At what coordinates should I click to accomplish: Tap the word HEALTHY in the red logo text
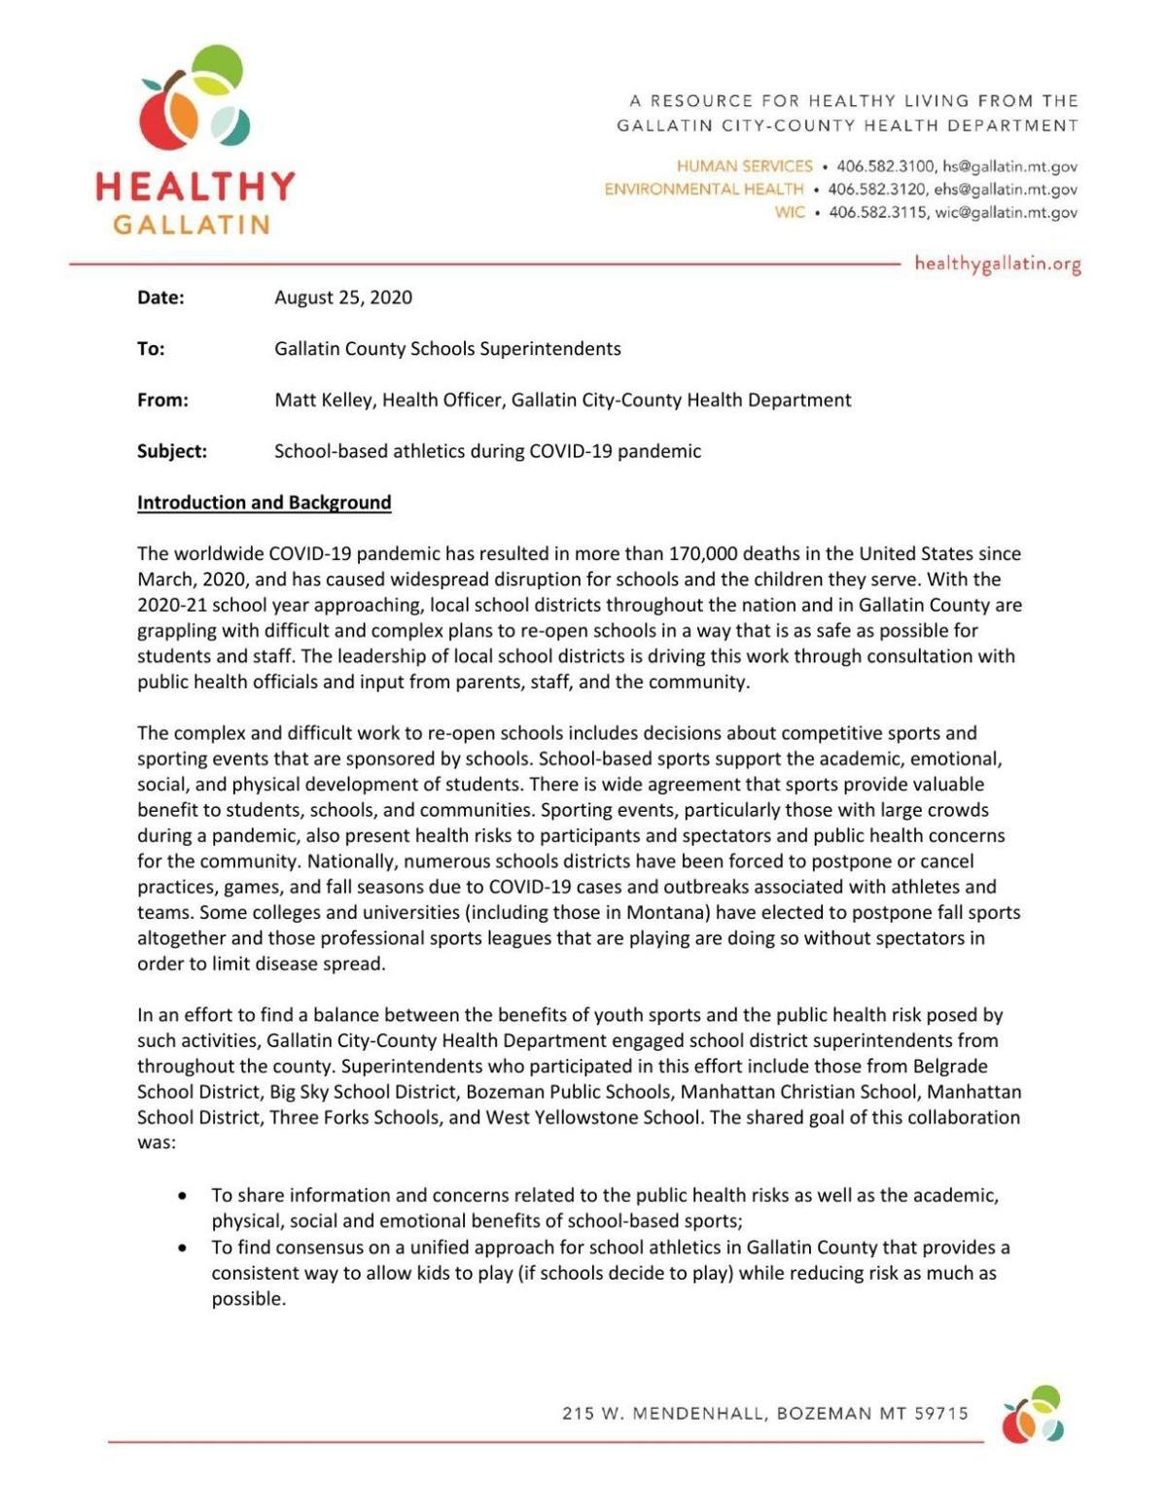(x=195, y=186)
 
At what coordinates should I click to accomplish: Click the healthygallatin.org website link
(x=997, y=264)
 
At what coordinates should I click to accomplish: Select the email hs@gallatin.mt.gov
(x=1009, y=166)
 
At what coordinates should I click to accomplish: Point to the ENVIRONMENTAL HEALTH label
(x=703, y=190)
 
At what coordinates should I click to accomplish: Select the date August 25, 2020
(x=342, y=298)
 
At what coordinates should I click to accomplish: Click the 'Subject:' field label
(x=172, y=451)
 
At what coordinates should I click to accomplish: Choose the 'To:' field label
(x=151, y=348)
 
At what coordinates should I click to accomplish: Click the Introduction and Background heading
(x=264, y=503)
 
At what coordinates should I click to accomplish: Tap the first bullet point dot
(x=183, y=1196)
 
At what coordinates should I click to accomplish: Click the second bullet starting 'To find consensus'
(x=603, y=1272)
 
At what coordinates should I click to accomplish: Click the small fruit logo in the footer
(x=1033, y=1415)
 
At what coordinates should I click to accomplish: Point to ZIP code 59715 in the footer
(x=941, y=1414)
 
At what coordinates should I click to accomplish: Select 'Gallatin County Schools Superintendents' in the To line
(x=447, y=348)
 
